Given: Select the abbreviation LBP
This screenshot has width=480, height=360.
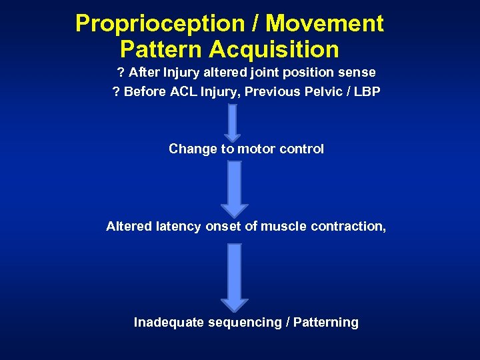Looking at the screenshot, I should pos(366,92).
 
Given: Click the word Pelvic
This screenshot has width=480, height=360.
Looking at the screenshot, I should pos(323,92).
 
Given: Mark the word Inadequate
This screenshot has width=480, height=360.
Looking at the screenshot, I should pos(169,323).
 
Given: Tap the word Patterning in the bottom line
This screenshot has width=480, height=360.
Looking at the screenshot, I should pos(325,323).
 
